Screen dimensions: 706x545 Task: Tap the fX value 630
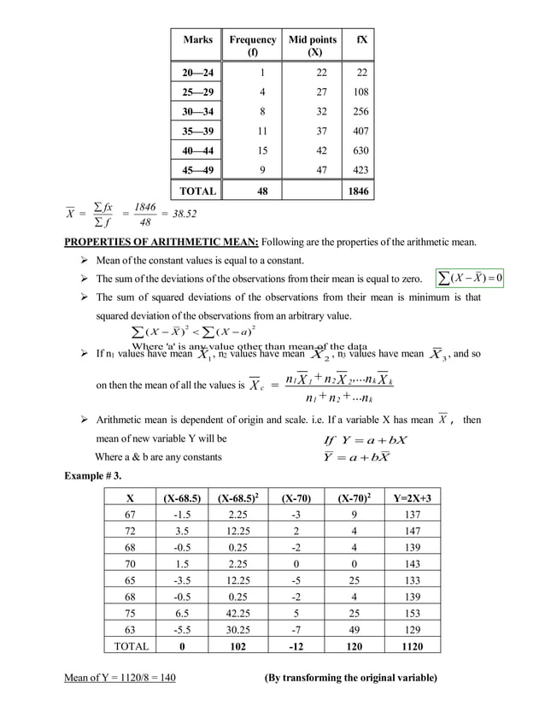360,150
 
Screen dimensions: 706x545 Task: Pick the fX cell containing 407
360,130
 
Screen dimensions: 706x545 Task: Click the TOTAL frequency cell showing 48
262,191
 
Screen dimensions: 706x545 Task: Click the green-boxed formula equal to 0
469,279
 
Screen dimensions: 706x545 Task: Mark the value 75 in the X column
130,612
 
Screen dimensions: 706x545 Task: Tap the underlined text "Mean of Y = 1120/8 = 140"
120,679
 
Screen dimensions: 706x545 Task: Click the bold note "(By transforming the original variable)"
351,679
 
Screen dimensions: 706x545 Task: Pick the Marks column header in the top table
197,40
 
